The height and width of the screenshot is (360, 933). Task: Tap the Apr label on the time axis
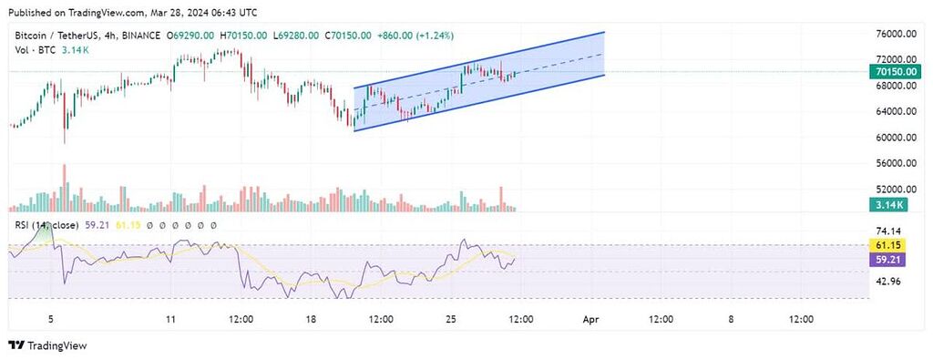(x=590, y=319)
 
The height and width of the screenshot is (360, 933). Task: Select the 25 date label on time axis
(x=450, y=319)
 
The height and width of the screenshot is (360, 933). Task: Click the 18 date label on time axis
(x=310, y=319)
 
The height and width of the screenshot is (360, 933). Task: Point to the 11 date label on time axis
(x=170, y=319)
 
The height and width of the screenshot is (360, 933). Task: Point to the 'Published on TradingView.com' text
(x=74, y=12)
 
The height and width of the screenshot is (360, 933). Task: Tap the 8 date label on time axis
(x=731, y=319)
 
